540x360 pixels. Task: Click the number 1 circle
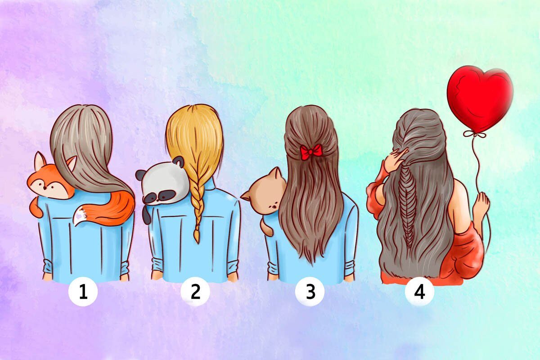[x=83, y=292]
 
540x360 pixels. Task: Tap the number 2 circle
[x=195, y=291]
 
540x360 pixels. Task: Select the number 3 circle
[x=310, y=291]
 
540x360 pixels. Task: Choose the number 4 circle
[x=420, y=292]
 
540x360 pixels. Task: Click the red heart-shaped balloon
[x=480, y=99]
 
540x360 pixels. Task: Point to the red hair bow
[x=311, y=152]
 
